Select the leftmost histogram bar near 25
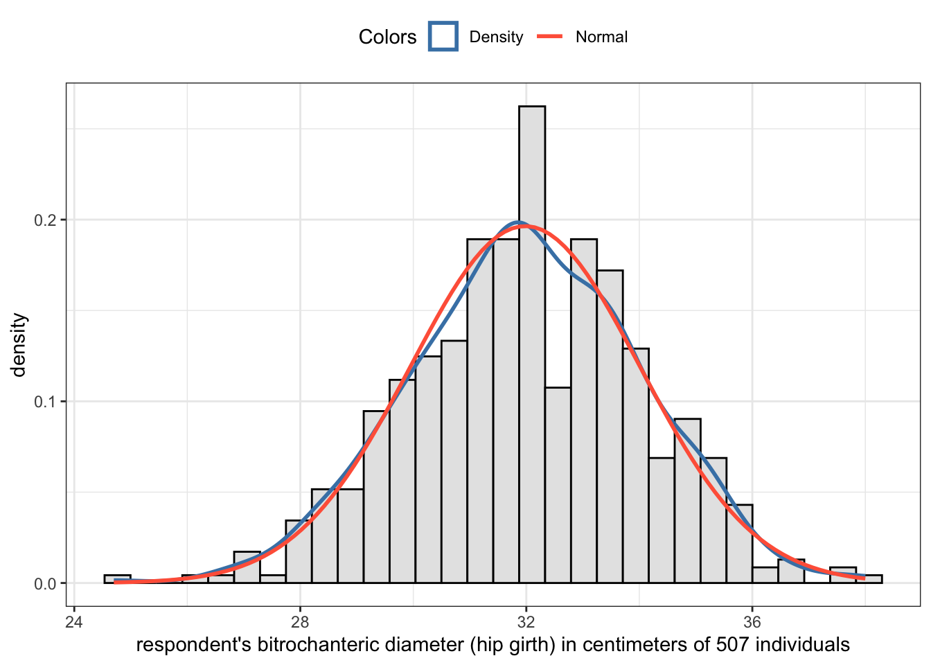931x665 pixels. coord(117,579)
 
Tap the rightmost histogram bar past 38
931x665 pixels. coord(869,579)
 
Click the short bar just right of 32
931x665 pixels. coord(558,485)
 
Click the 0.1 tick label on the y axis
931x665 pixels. coord(46,402)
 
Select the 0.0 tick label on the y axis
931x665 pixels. coord(46,584)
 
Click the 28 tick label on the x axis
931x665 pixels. coord(300,621)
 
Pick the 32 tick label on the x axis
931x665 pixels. coord(526,621)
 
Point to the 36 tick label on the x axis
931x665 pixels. coord(752,621)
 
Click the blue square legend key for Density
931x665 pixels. coord(443,37)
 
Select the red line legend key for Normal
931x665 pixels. coord(550,37)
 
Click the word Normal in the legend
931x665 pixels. coord(601,37)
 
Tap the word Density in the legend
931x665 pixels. coord(496,37)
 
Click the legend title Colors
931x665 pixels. coord(387,37)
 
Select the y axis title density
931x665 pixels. coord(19,345)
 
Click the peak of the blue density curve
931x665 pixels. coord(518,222)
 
